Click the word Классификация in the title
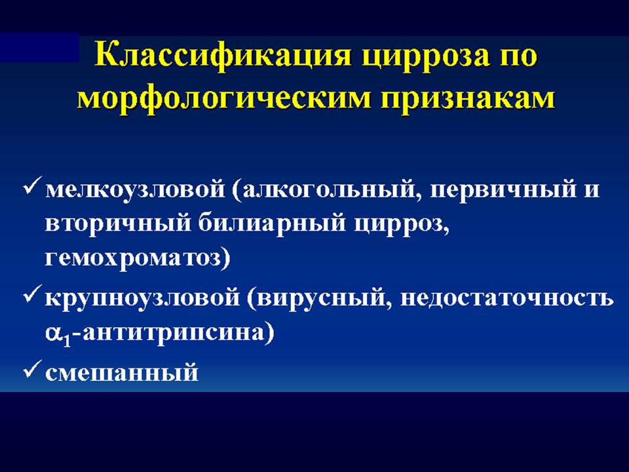click(x=223, y=56)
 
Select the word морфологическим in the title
click(x=223, y=99)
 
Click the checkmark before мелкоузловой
click(x=32, y=186)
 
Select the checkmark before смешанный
click(x=32, y=369)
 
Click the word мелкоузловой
click(x=135, y=189)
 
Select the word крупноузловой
click(x=142, y=299)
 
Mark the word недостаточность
click(x=507, y=298)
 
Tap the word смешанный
click(x=122, y=372)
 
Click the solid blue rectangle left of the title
click(x=39, y=48)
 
